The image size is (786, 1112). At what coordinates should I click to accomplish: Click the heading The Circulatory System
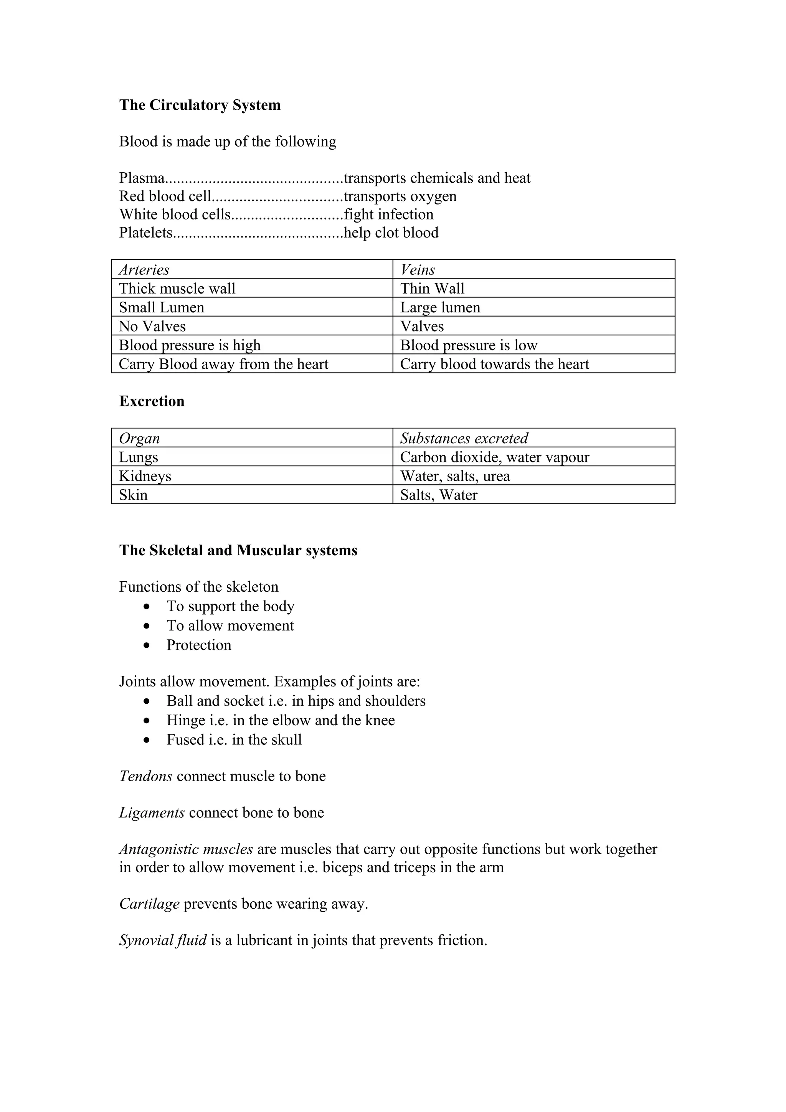[x=200, y=105]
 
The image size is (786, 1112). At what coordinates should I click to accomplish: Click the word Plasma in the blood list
[x=141, y=178]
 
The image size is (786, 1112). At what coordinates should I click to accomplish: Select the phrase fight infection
[x=388, y=214]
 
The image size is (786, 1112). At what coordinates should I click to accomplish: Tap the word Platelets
[x=145, y=233]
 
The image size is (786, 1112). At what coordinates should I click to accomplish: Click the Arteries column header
[x=144, y=270]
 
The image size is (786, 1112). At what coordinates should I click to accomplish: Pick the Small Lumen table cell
[x=161, y=307]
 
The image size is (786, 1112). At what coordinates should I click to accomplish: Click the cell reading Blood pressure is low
[x=468, y=345]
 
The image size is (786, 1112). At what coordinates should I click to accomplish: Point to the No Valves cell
[x=152, y=327]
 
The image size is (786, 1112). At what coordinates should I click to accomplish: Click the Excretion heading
[x=152, y=401]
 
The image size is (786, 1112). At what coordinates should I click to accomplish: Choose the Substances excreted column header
[x=464, y=438]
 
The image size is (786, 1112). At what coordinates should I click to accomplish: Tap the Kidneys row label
[x=145, y=476]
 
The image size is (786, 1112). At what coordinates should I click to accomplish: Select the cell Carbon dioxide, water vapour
[x=494, y=457]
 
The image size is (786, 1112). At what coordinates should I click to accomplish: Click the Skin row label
[x=133, y=495]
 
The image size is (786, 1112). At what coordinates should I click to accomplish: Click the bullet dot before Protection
[x=147, y=646]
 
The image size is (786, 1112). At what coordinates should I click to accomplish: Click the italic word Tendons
[x=145, y=776]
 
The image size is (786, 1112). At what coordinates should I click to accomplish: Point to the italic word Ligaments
[x=152, y=813]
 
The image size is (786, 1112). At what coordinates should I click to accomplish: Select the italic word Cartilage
[x=149, y=904]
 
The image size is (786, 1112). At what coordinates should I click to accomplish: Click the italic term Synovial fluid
[x=163, y=940]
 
